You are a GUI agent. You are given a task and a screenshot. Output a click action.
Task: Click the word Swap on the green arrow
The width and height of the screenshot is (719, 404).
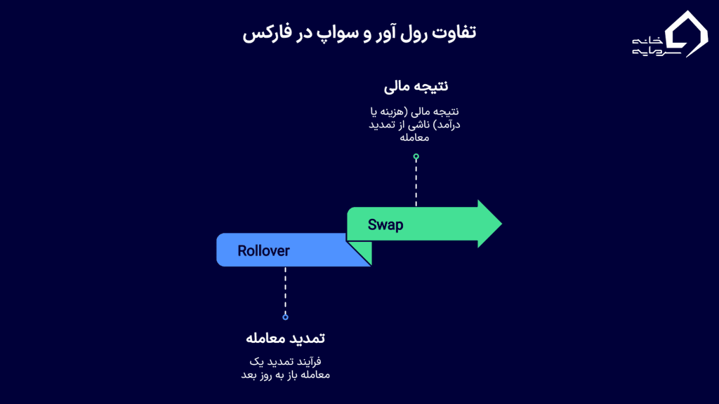pos(385,225)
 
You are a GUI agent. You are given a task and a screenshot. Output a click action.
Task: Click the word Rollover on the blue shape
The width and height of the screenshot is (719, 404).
pos(263,250)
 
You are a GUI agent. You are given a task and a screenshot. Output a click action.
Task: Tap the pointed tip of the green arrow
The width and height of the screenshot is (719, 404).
pos(500,224)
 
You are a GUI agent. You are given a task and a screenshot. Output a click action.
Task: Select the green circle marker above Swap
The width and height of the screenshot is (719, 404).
pos(416,157)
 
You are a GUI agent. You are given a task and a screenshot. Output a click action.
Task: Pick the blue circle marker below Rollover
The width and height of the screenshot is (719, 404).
pos(285,317)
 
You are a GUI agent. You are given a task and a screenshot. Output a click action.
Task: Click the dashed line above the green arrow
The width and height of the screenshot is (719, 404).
pos(416,182)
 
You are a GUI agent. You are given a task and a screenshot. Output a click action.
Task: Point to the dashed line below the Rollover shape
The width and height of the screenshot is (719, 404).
pos(285,291)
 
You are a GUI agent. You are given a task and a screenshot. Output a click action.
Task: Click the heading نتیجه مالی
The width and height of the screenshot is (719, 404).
pos(416,86)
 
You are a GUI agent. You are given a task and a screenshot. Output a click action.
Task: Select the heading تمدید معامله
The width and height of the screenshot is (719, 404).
pos(285,338)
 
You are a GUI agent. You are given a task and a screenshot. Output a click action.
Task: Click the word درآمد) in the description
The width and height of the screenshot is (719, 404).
pos(447,124)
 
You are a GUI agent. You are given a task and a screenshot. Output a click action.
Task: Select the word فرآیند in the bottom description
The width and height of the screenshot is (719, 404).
pos(306,361)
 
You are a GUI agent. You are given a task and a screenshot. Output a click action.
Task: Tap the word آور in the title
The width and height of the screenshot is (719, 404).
pos(388,33)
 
